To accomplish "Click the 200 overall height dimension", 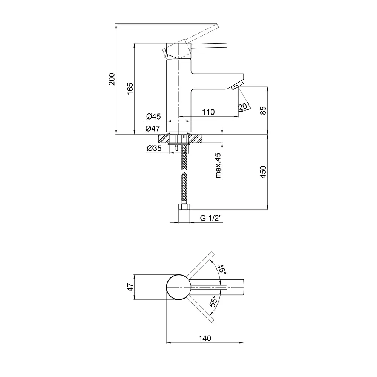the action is (112, 79).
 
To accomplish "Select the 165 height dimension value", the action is (130, 89).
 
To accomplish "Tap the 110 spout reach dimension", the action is (208, 112).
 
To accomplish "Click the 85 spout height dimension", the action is (263, 110).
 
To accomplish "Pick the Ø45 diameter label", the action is (153, 116).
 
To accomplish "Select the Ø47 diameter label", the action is (152, 129).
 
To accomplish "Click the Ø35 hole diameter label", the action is (154, 148).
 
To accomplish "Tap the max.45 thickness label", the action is (218, 166).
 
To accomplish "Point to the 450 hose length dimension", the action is (263, 172).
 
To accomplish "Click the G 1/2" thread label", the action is (211, 218).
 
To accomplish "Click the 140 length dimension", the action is (205, 338).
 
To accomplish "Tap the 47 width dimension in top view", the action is (130, 287).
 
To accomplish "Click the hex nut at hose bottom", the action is (184, 207).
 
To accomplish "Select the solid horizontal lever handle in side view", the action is (209, 46).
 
